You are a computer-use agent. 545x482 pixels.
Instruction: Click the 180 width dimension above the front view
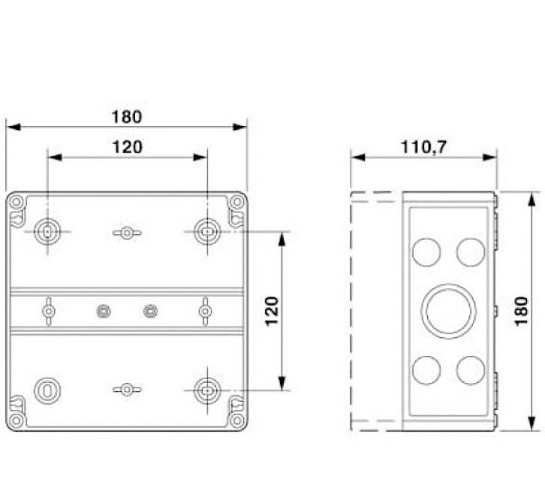coord(126,116)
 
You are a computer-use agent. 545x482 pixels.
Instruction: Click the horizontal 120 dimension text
coord(127,147)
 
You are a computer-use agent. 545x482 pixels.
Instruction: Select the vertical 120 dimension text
coord(271,310)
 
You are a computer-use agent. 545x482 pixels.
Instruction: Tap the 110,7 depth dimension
coord(423,147)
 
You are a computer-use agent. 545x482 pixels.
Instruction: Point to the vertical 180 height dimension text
coord(522,310)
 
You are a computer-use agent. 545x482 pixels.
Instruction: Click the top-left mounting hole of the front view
coord(47,232)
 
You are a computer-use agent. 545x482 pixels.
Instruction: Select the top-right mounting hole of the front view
coord(206,232)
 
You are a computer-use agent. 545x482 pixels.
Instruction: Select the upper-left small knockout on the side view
coord(426,251)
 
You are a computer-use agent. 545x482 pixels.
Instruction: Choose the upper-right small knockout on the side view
coord(471,251)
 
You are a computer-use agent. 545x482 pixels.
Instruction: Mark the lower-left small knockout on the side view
coord(426,369)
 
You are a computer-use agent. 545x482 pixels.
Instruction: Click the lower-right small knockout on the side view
coord(471,369)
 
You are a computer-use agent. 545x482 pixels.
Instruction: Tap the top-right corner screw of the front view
coord(236,201)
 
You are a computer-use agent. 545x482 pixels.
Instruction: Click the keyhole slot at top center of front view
coord(127,233)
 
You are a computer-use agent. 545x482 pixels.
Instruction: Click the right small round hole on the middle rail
coord(151,310)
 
